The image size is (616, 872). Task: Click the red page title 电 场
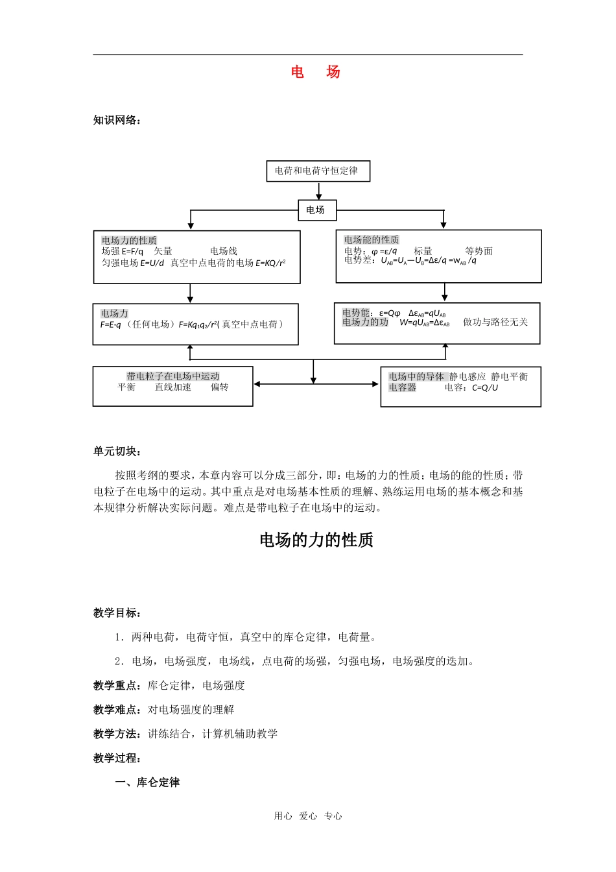tap(315, 72)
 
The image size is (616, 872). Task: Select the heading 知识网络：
tap(117, 120)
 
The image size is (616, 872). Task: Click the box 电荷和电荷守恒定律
tap(318, 171)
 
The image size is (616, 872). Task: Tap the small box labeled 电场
tap(316, 210)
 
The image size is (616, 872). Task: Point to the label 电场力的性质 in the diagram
tap(129, 240)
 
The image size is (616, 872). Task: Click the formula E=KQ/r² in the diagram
tap(270, 263)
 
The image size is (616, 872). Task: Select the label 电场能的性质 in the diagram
tap(372, 239)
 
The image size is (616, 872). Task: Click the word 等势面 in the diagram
tap(479, 251)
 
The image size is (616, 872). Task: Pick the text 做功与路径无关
tap(495, 322)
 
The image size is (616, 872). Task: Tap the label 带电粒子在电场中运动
tap(173, 376)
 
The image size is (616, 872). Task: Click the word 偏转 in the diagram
tap(219, 387)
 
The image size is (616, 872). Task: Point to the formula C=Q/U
tap(485, 387)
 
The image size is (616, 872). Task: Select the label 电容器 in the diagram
tap(403, 387)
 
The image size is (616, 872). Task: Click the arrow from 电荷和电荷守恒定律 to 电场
tap(318, 191)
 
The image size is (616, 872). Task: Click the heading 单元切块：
tap(117, 452)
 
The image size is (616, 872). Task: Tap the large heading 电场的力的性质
tap(316, 540)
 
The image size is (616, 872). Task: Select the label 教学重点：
tap(120, 686)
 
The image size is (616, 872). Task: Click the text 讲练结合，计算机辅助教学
tap(213, 734)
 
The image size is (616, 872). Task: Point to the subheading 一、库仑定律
tap(147, 782)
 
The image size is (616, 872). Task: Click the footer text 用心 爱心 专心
tap(308, 816)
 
